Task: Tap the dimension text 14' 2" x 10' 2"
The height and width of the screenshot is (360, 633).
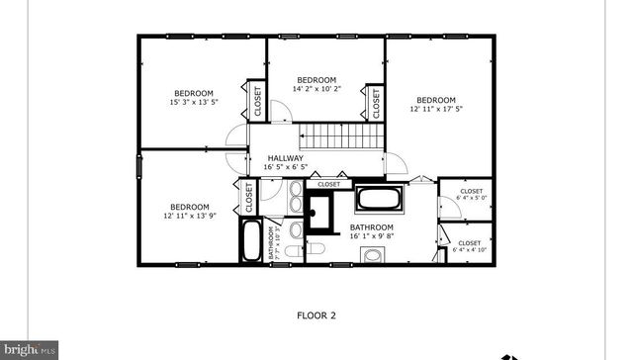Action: [316, 89]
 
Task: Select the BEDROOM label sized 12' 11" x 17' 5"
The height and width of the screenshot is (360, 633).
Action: [435, 100]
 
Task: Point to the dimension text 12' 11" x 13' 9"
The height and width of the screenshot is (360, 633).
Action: [188, 216]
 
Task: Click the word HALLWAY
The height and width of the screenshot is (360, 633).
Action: [284, 158]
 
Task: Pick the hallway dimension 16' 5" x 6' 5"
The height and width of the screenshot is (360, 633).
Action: [285, 167]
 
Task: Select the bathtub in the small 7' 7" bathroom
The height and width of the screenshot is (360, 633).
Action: [253, 240]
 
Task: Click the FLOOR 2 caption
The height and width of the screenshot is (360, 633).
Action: [316, 316]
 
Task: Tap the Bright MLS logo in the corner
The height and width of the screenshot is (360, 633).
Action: [30, 350]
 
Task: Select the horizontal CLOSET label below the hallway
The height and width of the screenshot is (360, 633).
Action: [328, 184]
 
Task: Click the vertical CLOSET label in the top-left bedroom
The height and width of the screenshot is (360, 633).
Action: [256, 99]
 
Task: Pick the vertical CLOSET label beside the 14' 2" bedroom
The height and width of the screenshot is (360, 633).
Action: [376, 101]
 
